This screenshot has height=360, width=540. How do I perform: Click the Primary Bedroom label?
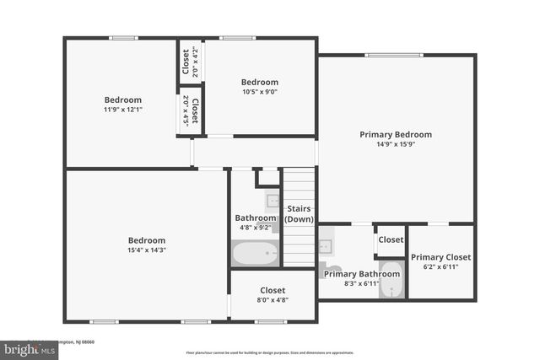point(396,134)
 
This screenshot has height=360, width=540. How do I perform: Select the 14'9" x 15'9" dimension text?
point(396,144)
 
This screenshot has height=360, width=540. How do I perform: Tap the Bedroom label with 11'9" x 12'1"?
point(123,99)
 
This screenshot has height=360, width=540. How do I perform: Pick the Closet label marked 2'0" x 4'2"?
point(186,62)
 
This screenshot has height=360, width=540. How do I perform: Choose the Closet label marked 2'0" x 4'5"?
point(195,110)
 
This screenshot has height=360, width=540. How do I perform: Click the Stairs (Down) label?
point(300,213)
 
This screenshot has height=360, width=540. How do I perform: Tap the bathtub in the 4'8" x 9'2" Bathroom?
point(255,253)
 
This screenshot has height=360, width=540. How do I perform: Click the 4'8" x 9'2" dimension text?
point(255,228)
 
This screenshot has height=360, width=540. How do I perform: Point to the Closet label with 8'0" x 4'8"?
point(273,290)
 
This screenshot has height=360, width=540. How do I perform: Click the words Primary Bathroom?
point(362,273)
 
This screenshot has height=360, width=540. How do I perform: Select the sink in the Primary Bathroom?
point(327,246)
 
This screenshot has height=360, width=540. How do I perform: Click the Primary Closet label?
point(440,256)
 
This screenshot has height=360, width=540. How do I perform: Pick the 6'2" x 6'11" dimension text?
point(440,266)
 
